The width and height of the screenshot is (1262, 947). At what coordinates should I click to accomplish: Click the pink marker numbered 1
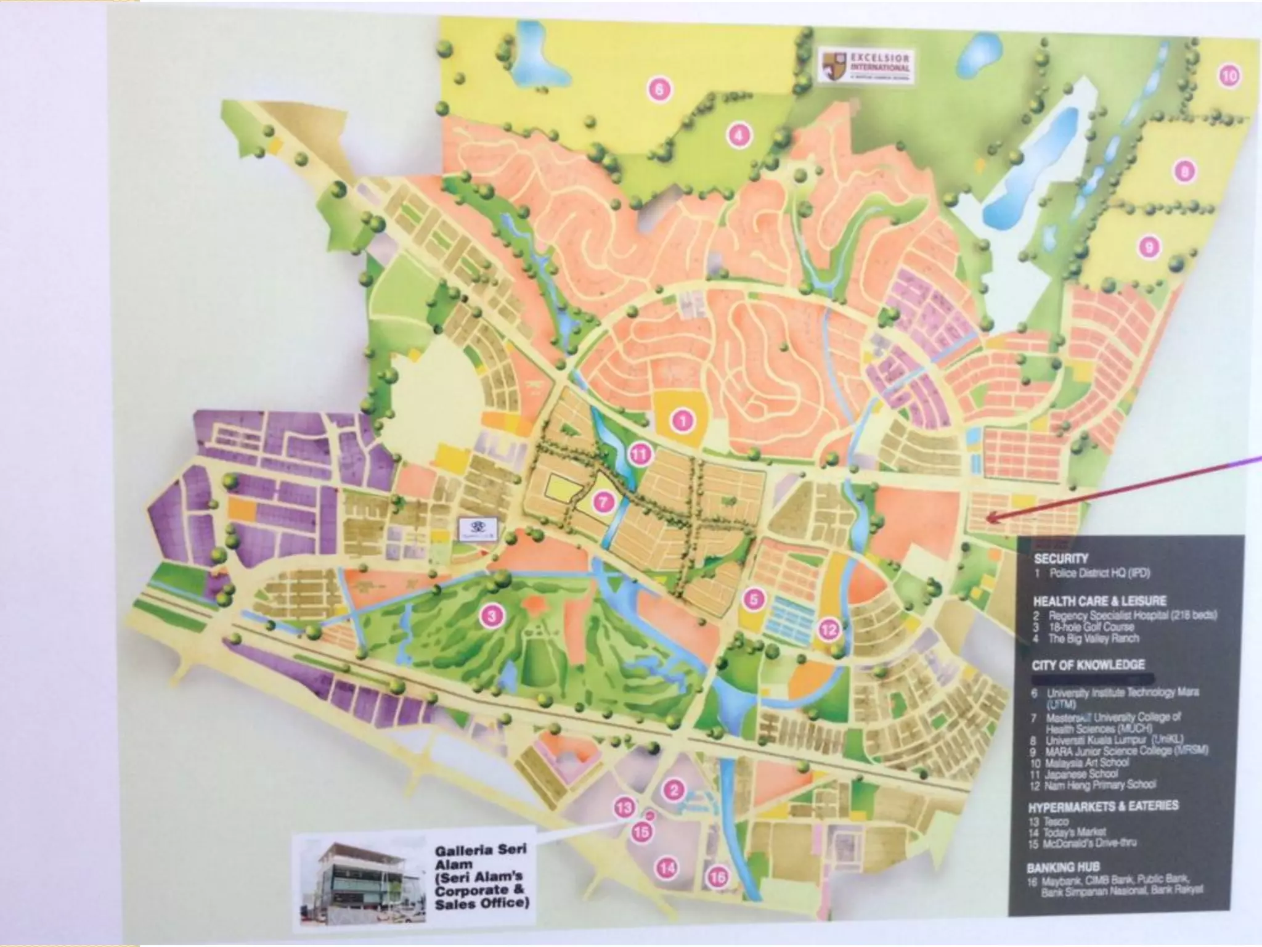click(682, 421)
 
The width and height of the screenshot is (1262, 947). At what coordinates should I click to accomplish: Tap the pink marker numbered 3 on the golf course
click(491, 615)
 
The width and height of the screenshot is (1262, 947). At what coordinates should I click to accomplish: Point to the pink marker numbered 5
click(754, 598)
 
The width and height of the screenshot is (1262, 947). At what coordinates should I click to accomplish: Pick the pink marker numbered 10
click(1229, 76)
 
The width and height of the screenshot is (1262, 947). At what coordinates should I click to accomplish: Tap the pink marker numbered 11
click(640, 455)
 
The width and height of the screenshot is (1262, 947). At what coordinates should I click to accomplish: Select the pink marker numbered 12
click(829, 629)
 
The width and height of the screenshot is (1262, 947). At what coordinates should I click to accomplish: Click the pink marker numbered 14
click(667, 868)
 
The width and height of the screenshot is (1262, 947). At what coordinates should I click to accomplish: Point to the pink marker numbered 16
click(718, 876)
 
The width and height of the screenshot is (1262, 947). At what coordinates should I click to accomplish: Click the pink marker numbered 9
click(1149, 248)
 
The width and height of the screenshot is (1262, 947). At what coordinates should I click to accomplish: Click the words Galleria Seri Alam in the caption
click(480, 858)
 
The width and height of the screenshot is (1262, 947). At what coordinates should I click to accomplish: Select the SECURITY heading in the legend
click(1060, 559)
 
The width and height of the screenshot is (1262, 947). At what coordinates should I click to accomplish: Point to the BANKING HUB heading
click(1062, 867)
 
